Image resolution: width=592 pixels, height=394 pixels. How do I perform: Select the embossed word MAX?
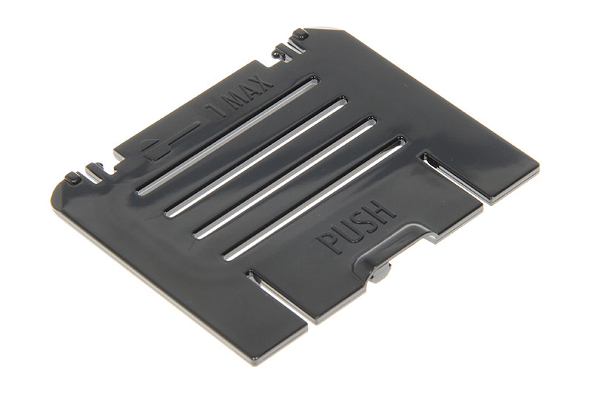pyautogui.click(x=248, y=93)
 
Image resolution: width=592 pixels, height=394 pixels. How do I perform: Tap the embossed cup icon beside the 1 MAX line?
pyautogui.click(x=153, y=149)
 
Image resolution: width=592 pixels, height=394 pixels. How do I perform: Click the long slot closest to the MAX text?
pyautogui.click(x=228, y=135)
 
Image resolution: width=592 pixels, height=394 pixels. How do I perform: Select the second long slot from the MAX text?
pyautogui.click(x=256, y=157)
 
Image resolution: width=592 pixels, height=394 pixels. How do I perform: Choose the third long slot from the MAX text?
pyautogui.click(x=286, y=177)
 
